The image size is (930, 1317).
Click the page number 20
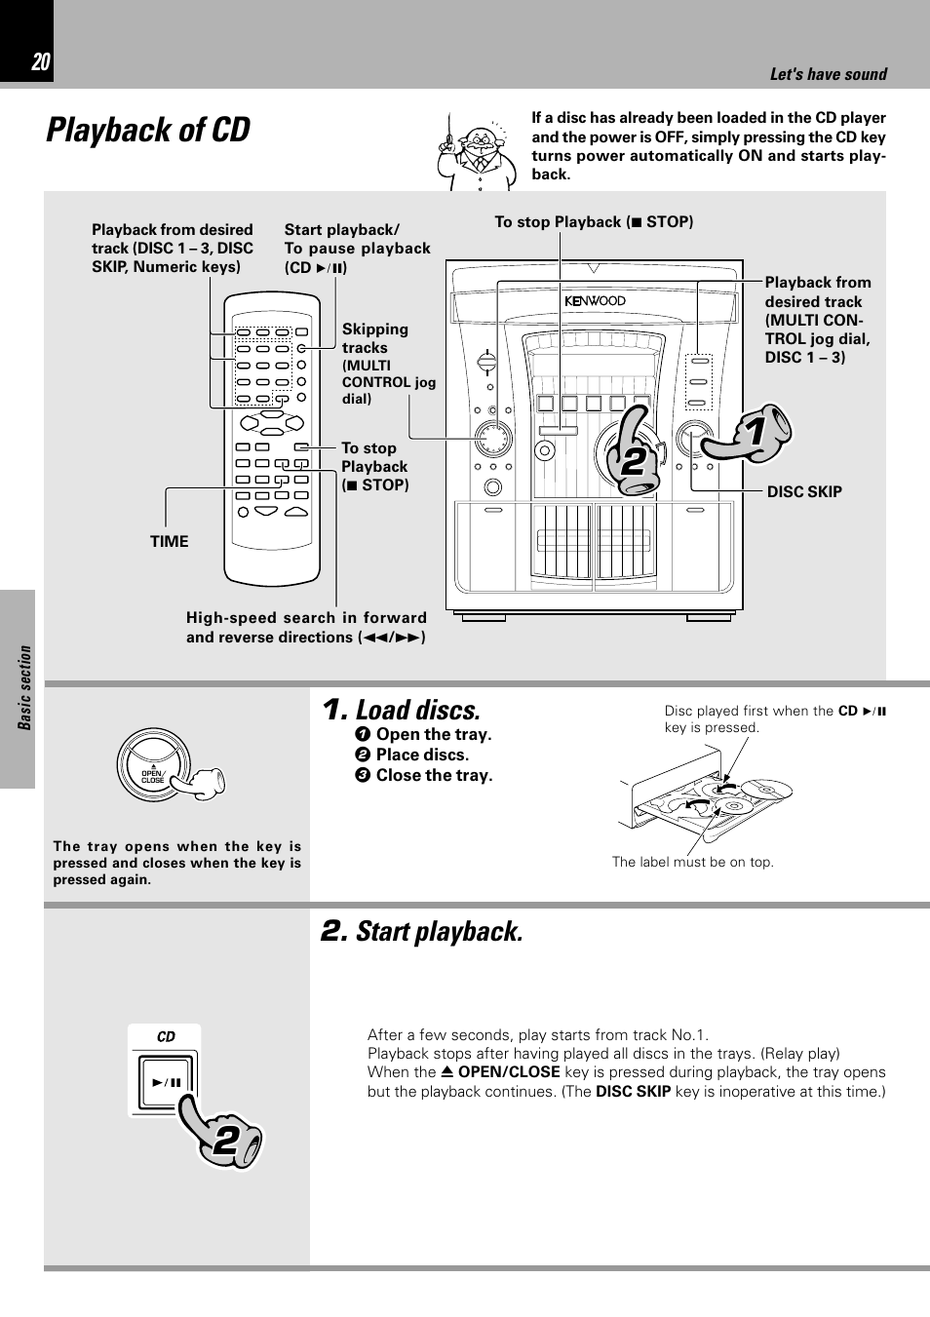40,62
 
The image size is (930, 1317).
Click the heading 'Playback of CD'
148,130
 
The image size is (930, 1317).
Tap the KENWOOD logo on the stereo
595,301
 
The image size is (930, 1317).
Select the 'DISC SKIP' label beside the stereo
803,492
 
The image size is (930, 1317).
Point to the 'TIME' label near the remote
169,542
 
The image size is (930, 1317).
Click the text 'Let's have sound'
828,74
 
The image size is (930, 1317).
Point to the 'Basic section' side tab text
25,687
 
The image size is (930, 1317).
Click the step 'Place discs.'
421,755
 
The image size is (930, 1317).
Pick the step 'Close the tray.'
434,776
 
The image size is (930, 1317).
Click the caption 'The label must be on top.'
692,862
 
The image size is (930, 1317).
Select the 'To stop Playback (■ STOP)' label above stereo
594,222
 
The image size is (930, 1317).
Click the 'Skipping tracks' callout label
375,338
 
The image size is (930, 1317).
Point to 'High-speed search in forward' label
306,618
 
